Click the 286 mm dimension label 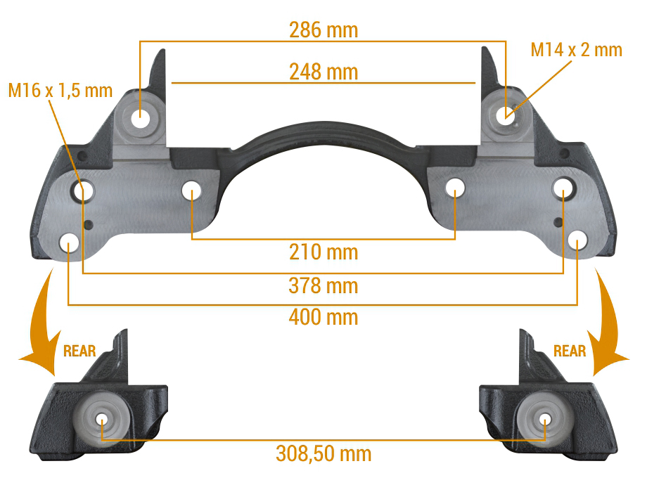(323, 30)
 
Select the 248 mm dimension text (323, 72)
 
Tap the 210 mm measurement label (323, 252)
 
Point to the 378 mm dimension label (323, 285)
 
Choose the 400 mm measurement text (323, 317)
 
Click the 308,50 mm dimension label (323, 453)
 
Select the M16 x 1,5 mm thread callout (60, 90)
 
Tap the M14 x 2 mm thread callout (576, 50)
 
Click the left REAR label (79, 351)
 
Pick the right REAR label (570, 351)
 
